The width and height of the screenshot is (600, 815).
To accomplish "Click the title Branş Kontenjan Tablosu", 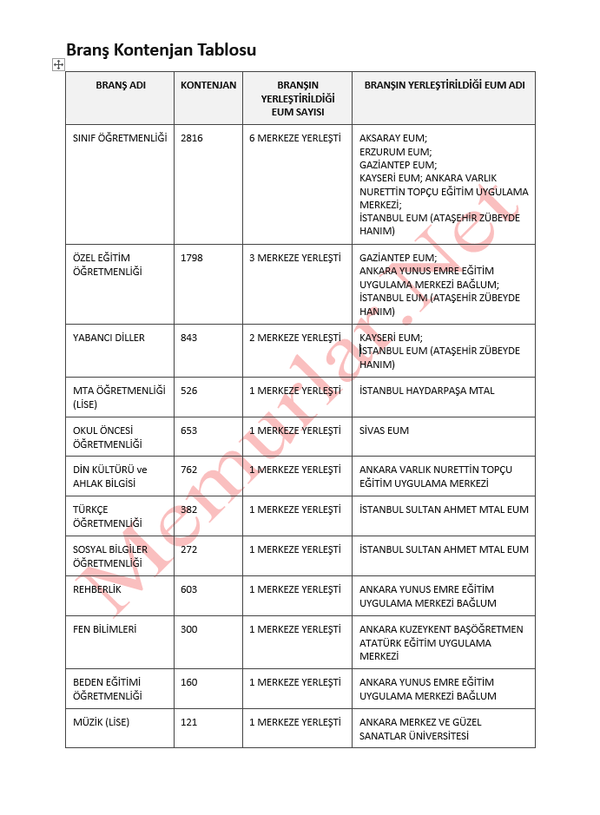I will pos(161,49).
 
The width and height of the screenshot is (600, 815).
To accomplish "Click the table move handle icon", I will pos(58,64).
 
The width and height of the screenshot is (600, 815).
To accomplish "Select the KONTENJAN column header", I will pos(208,85).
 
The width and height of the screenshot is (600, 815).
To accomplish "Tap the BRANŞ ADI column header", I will pos(121,85).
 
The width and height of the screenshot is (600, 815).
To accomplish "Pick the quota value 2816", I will pos(192,138).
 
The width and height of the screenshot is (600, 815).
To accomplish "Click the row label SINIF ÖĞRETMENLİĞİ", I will pos(120,138).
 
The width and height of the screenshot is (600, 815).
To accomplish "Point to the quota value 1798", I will pos(192,258).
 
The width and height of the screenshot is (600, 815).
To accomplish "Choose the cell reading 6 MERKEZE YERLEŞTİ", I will pos(295,138).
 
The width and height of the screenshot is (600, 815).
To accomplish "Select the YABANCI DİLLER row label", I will pos(109,338).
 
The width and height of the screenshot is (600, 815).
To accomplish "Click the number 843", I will pos(189,338).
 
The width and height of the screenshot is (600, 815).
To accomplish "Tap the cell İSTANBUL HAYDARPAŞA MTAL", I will pos(427,391).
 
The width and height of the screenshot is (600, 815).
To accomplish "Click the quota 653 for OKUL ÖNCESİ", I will pos(189,431).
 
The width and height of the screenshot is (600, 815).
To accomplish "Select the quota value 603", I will pos(189,589).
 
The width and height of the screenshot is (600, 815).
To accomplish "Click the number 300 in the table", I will pos(189,629).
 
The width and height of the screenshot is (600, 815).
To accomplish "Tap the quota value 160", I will pos(189,682).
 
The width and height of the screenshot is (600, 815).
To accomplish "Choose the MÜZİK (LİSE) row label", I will pos(102,722).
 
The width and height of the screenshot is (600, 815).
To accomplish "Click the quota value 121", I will pos(189,722).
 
